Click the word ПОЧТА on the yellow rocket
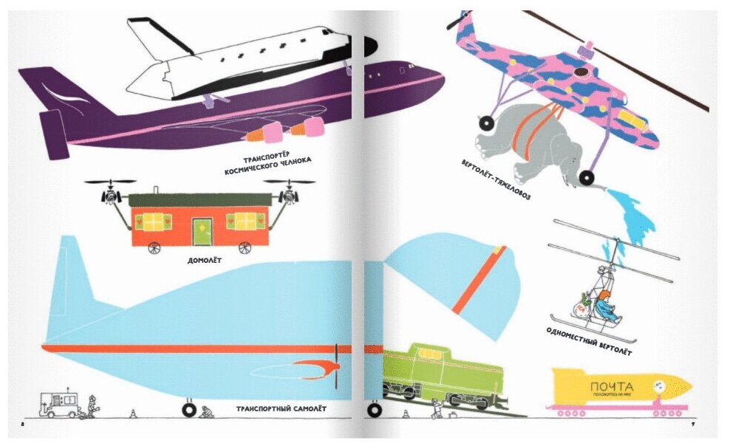point(612,386)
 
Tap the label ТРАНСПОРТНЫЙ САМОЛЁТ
point(282,408)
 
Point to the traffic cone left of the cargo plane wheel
point(133,414)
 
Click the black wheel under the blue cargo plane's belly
point(189,407)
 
